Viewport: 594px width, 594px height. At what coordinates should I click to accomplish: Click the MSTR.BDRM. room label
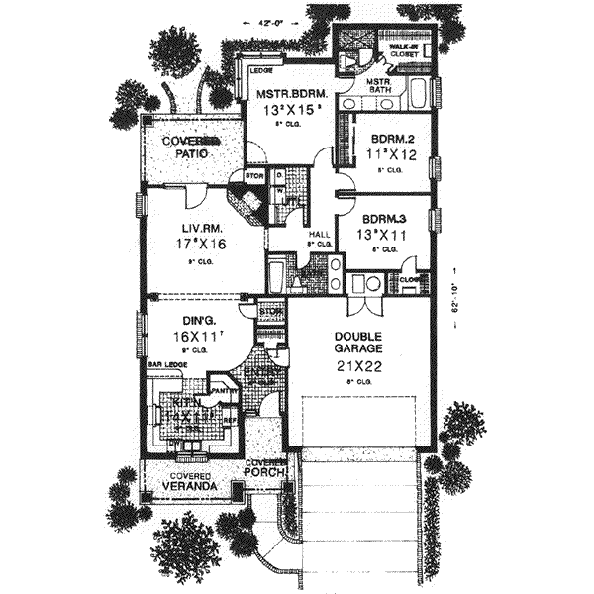pos(285,94)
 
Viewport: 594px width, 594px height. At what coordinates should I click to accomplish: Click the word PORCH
pos(267,472)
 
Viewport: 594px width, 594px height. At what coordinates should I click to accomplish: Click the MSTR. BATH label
pos(382,87)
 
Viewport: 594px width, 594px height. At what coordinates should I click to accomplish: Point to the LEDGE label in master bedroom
pos(261,71)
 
